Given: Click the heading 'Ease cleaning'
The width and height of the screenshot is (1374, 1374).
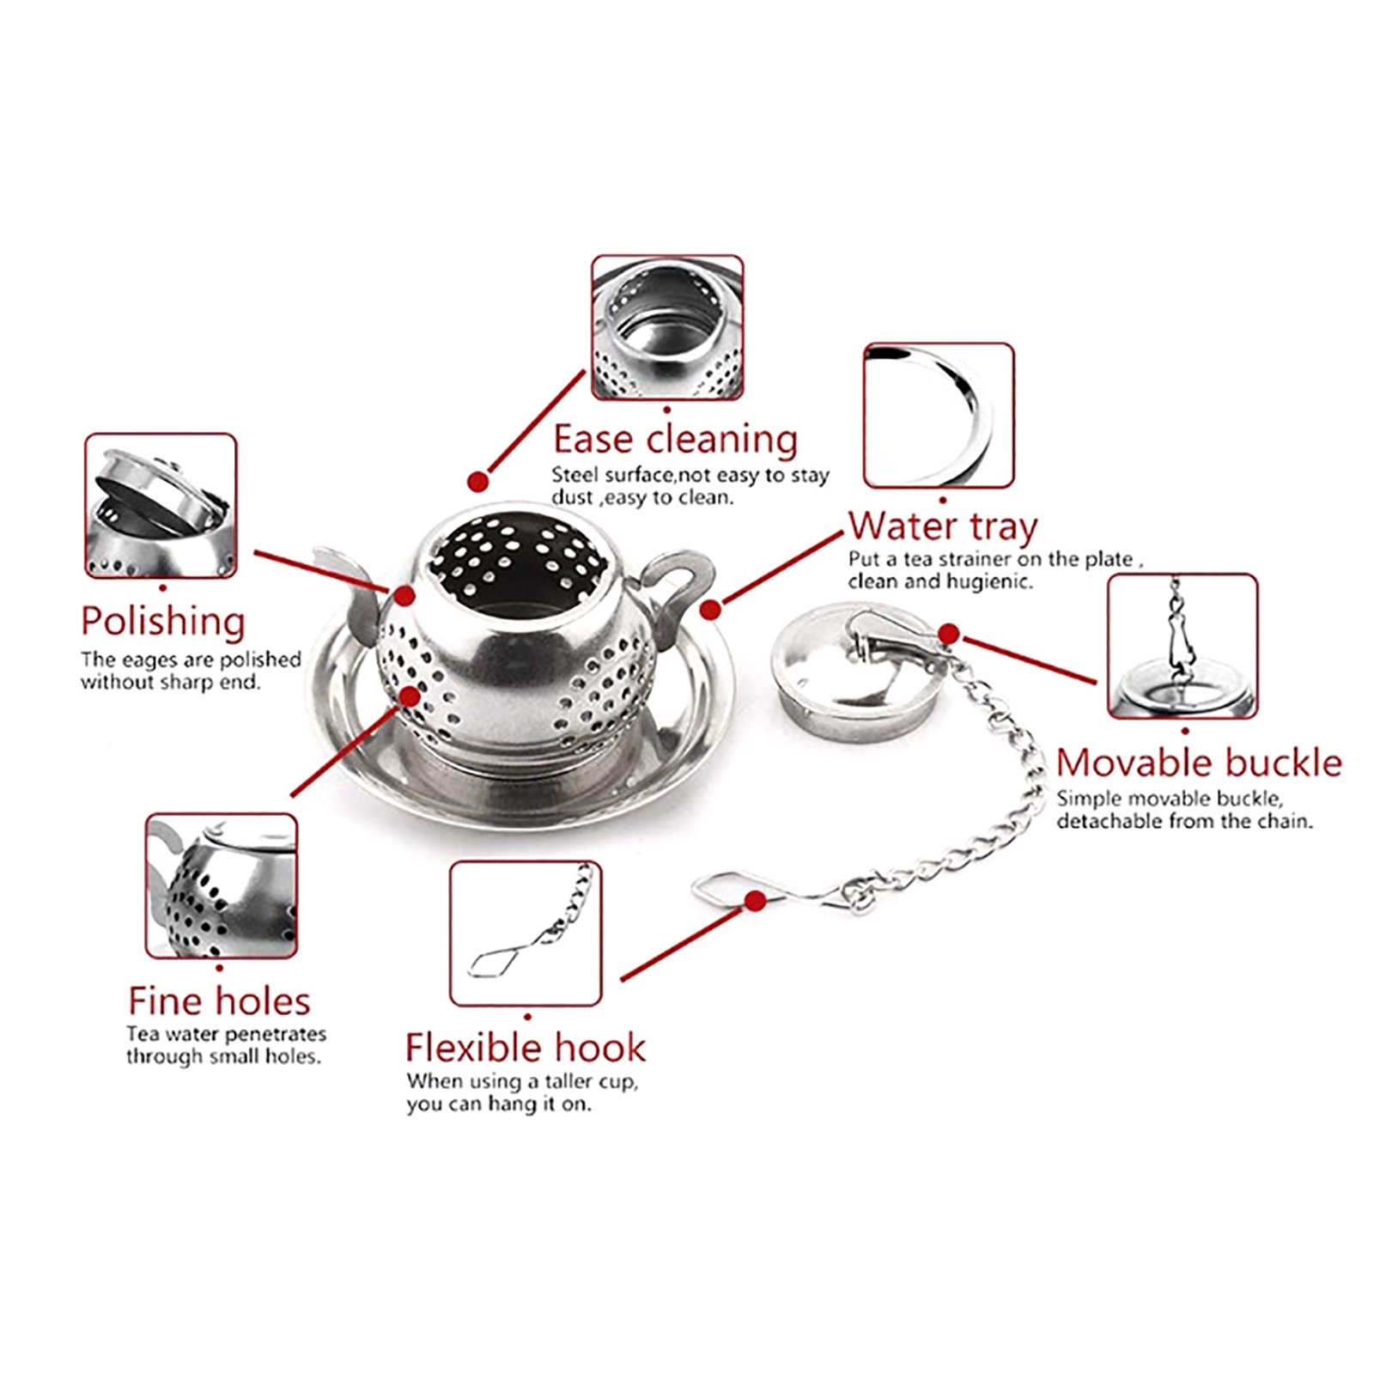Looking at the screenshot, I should [x=675, y=440].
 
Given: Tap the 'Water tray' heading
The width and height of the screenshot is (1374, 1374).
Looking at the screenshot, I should [x=943, y=526].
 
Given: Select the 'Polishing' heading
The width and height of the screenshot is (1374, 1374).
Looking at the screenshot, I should [x=163, y=621].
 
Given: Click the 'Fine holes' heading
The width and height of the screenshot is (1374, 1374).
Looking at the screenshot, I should [x=219, y=1001].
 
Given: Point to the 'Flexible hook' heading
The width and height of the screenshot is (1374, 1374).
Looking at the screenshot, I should [x=525, y=1048].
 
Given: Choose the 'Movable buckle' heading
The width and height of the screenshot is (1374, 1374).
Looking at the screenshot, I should [x=1199, y=763].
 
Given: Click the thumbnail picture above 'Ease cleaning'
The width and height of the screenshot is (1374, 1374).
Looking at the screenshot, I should [x=667, y=327].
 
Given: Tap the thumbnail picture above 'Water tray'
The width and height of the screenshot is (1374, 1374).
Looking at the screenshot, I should [x=939, y=416].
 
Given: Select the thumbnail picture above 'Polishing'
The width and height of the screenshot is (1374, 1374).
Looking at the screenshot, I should [x=161, y=506].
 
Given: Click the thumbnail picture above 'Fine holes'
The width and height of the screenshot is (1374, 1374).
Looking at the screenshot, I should [x=222, y=886].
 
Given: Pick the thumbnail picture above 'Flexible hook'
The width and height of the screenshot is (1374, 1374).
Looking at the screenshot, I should [x=526, y=933].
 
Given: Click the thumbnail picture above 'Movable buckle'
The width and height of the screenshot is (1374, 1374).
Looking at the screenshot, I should [x=1182, y=647].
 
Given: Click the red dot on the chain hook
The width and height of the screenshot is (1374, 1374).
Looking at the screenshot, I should [x=756, y=901].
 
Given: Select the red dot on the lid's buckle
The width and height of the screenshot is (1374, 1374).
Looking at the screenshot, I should [x=948, y=634].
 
